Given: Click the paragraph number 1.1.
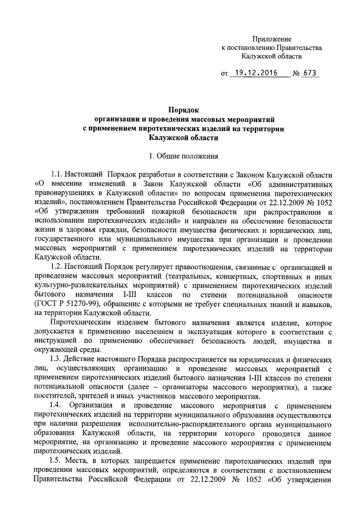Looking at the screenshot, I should (57, 172).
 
